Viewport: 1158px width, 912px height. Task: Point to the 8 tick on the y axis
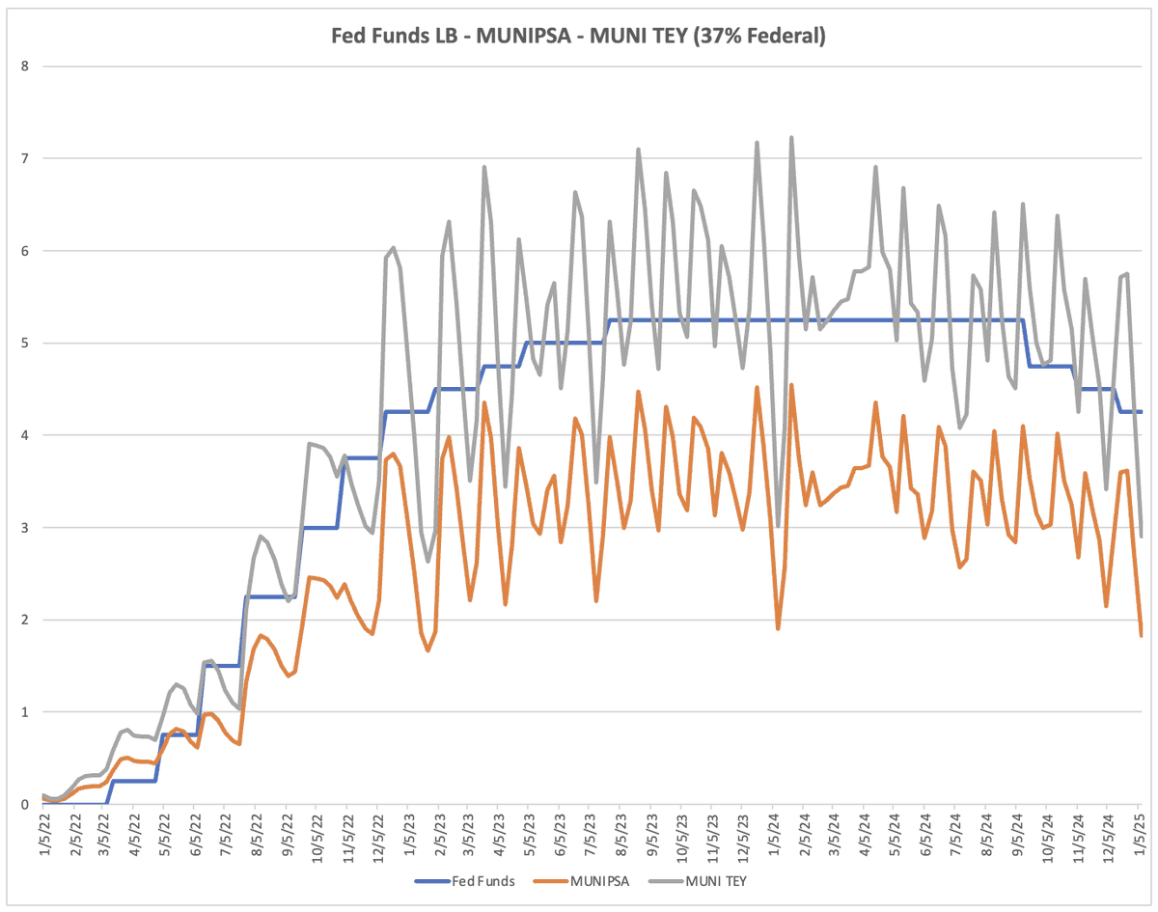(25, 67)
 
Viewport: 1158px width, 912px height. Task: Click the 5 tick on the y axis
(25, 343)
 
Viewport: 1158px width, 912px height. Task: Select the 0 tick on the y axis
(25, 804)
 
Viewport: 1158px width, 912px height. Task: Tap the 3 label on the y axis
(25, 528)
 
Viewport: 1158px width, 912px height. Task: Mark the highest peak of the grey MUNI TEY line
(791, 137)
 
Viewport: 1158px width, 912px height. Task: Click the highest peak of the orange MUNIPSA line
(791, 385)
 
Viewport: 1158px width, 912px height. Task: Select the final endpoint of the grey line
(1141, 537)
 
